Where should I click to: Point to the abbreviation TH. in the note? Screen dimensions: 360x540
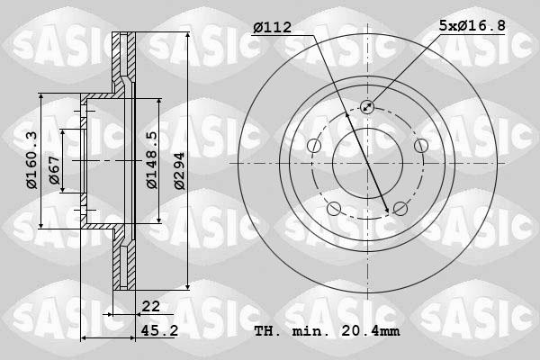coord(266,331)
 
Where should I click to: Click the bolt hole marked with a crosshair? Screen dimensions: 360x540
coord(367,107)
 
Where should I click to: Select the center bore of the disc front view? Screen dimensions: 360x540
coord(367,162)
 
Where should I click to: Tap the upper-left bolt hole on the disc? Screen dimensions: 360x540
coord(314,146)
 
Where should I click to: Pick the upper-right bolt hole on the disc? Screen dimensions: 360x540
coord(420,146)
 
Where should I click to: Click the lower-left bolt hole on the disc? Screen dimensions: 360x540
coord(335,209)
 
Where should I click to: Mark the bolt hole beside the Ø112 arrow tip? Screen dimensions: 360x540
coord(400,209)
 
